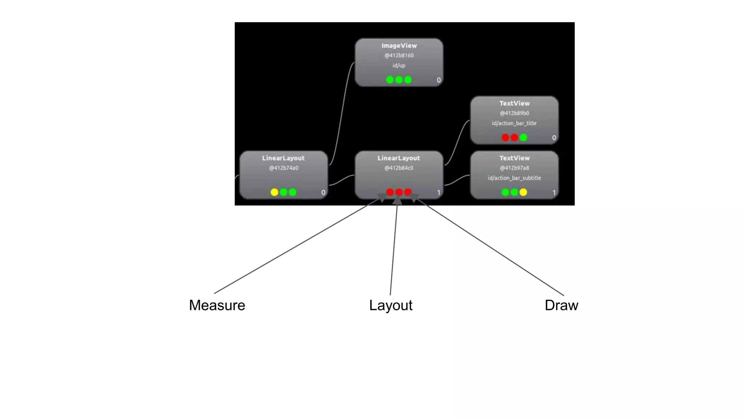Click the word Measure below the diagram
pyautogui.click(x=217, y=305)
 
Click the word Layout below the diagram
pyautogui.click(x=391, y=305)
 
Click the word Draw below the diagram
pyautogui.click(x=561, y=305)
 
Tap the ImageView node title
pyautogui.click(x=399, y=45)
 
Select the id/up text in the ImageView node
pyautogui.click(x=399, y=65)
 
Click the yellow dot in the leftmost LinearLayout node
pyautogui.click(x=274, y=192)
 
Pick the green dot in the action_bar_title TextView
pyautogui.click(x=523, y=137)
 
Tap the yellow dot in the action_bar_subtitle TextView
pyautogui.click(x=523, y=192)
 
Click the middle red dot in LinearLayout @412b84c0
pyautogui.click(x=399, y=192)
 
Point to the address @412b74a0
pyautogui.click(x=283, y=168)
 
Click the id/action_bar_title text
pyautogui.click(x=514, y=123)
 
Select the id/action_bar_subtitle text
pyautogui.click(x=514, y=178)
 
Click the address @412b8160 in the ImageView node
pyautogui.click(x=399, y=55)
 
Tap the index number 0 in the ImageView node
pyautogui.click(x=438, y=80)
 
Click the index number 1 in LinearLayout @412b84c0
pyautogui.click(x=438, y=192)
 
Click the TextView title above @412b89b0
pyautogui.click(x=514, y=103)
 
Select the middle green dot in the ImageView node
pyautogui.click(x=399, y=80)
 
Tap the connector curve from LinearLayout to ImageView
pyautogui.click(x=342, y=113)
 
